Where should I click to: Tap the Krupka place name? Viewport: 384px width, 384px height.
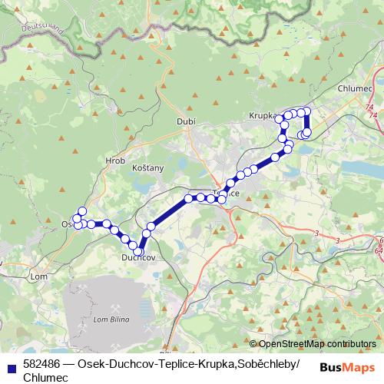tap(262, 116)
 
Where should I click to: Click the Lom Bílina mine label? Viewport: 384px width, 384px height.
tap(109, 319)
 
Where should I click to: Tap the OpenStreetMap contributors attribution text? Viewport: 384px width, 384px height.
tap(313, 344)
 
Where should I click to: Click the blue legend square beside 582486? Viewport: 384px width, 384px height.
tap(10, 364)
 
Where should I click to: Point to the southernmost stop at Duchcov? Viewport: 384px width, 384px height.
tap(139, 251)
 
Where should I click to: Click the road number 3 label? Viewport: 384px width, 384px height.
tap(316, 231)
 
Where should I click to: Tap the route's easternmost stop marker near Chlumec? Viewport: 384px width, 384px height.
tap(307, 132)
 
